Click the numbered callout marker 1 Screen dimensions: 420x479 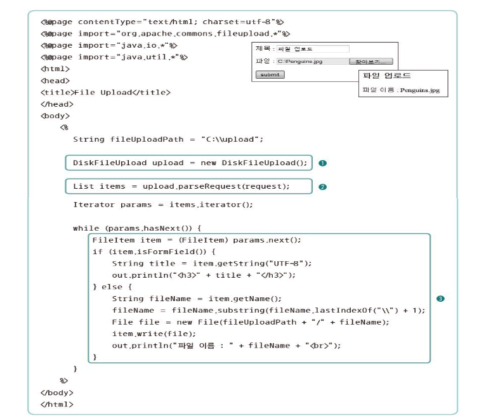[x=322, y=163]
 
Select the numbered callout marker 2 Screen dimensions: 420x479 [x=322, y=187]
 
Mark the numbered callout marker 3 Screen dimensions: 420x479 [x=440, y=297]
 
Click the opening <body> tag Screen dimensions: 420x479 [x=55, y=116]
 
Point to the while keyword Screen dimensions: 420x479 [x=84, y=227]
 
